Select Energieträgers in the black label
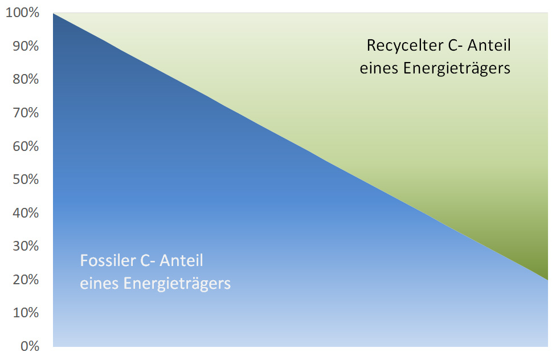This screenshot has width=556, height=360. coord(456,68)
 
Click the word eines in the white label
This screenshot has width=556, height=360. coord(96,284)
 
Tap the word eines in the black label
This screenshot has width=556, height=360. coord(378,68)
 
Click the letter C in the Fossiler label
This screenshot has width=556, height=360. coord(145,261)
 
